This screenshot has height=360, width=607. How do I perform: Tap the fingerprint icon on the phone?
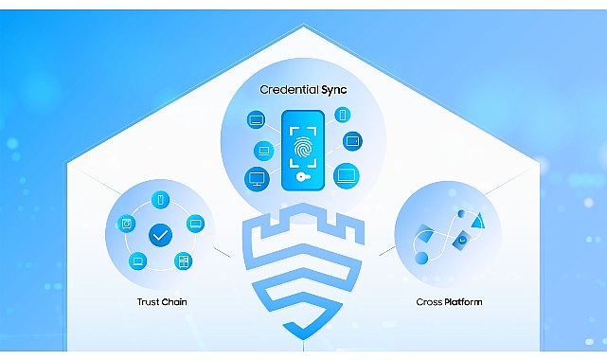coord(304,149)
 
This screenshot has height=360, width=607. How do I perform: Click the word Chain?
coord(175,302)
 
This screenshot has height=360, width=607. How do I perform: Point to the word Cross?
coord(430,302)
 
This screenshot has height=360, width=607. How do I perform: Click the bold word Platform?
coord(463,302)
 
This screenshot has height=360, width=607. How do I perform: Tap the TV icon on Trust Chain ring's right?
coord(196,224)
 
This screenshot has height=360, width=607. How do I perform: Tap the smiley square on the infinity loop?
coord(461,241)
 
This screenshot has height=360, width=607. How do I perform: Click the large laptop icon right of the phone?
coord(347,175)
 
